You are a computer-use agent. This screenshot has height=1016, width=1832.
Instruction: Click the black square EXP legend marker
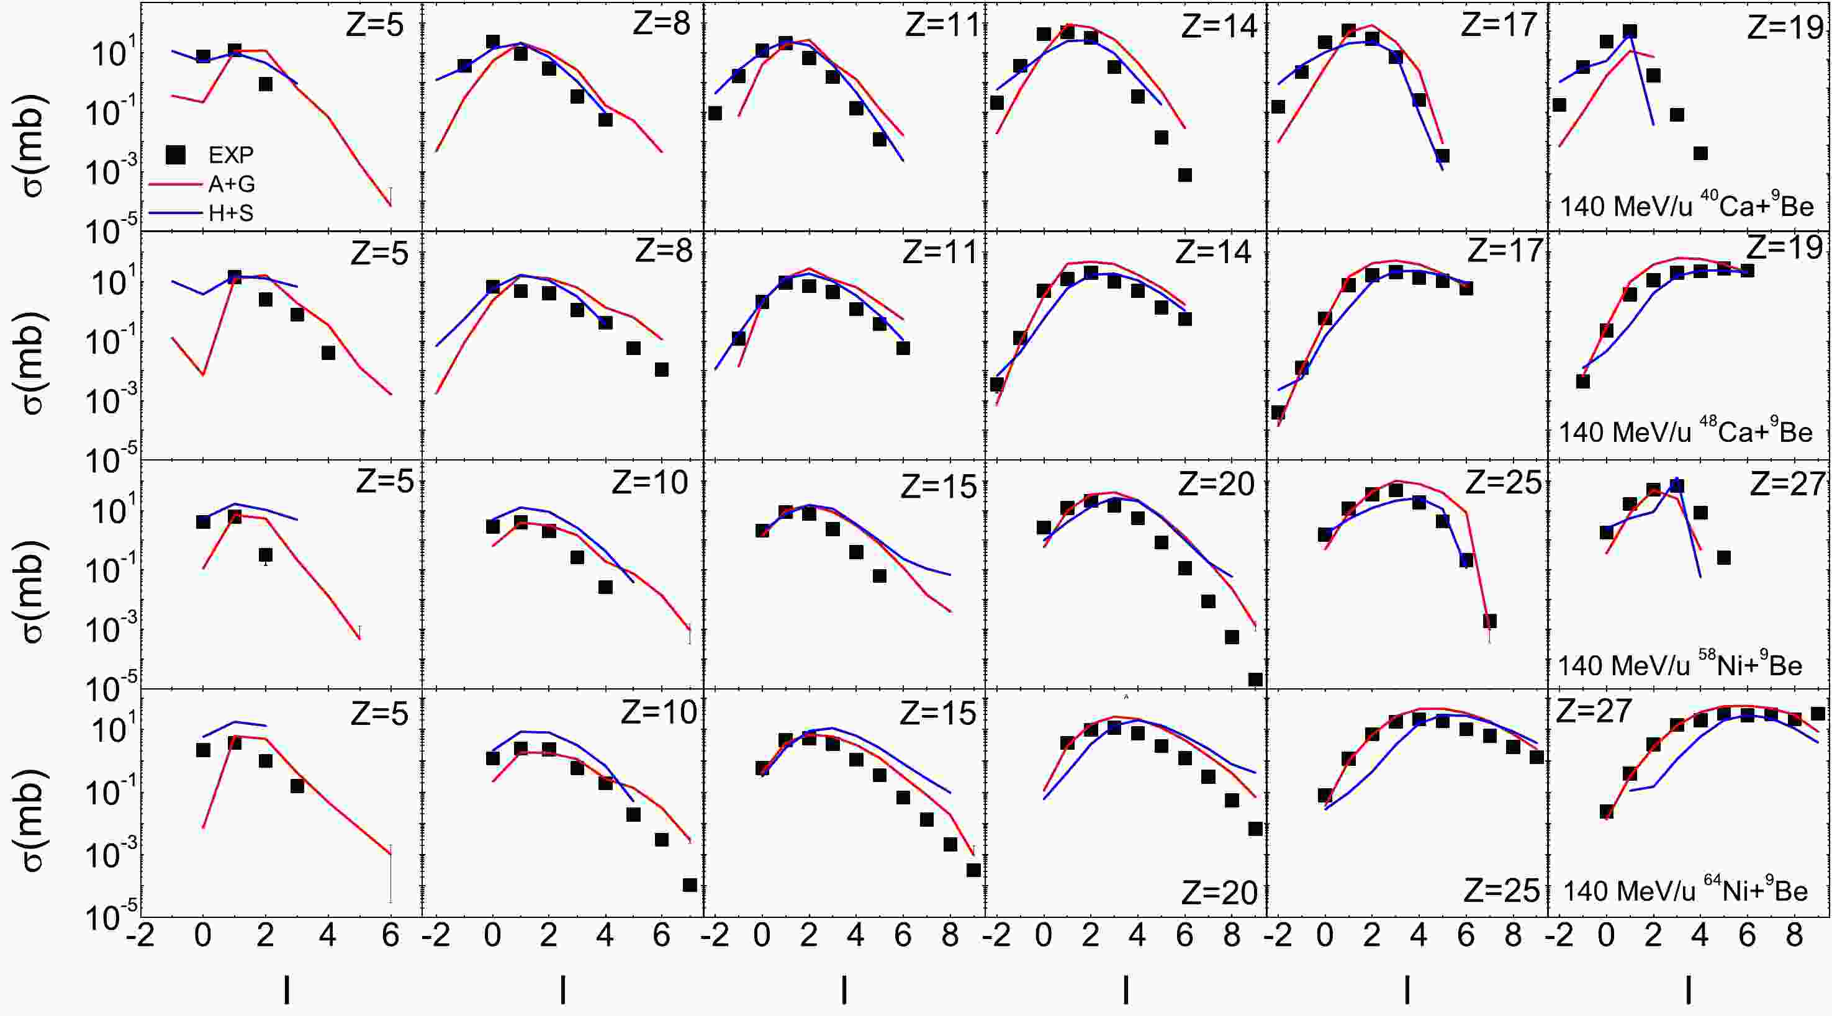175,155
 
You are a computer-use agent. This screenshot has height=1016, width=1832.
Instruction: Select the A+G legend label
231,184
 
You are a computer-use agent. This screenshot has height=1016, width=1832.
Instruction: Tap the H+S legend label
230,213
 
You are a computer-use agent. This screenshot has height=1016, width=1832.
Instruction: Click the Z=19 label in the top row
1785,27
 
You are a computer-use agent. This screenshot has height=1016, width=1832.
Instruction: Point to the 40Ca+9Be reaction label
1686,205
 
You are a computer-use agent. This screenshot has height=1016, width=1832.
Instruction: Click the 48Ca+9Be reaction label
1685,431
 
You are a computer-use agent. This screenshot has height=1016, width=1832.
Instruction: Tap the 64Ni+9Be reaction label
1685,890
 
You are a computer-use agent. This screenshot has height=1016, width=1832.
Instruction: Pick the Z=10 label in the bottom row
659,713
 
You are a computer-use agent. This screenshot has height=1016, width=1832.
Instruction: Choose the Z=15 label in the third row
939,487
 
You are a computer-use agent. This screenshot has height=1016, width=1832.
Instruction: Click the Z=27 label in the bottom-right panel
1594,711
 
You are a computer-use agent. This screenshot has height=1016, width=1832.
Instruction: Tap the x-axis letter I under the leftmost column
287,989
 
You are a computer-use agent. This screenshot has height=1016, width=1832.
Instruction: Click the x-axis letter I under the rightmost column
1689,989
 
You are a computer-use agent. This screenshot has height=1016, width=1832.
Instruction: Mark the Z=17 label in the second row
1505,250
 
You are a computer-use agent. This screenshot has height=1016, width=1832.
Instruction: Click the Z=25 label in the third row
1504,483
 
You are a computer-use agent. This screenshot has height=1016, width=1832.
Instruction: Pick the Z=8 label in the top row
661,24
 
